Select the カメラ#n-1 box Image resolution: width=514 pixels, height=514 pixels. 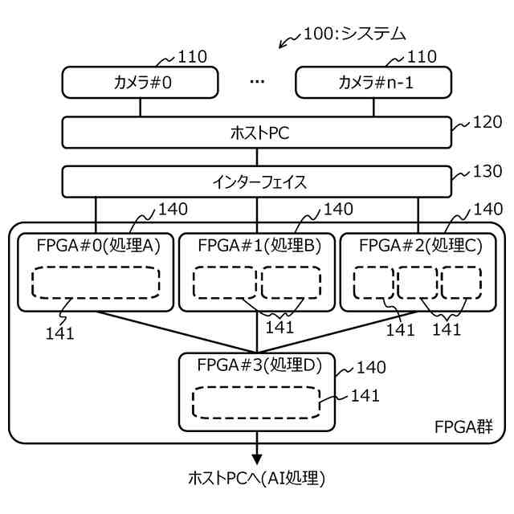click(375, 82)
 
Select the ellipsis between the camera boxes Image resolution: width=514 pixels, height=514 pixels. click(257, 82)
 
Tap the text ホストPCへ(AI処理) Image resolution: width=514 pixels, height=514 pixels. click(256, 478)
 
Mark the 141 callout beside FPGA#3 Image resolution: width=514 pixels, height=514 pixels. click(365, 395)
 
